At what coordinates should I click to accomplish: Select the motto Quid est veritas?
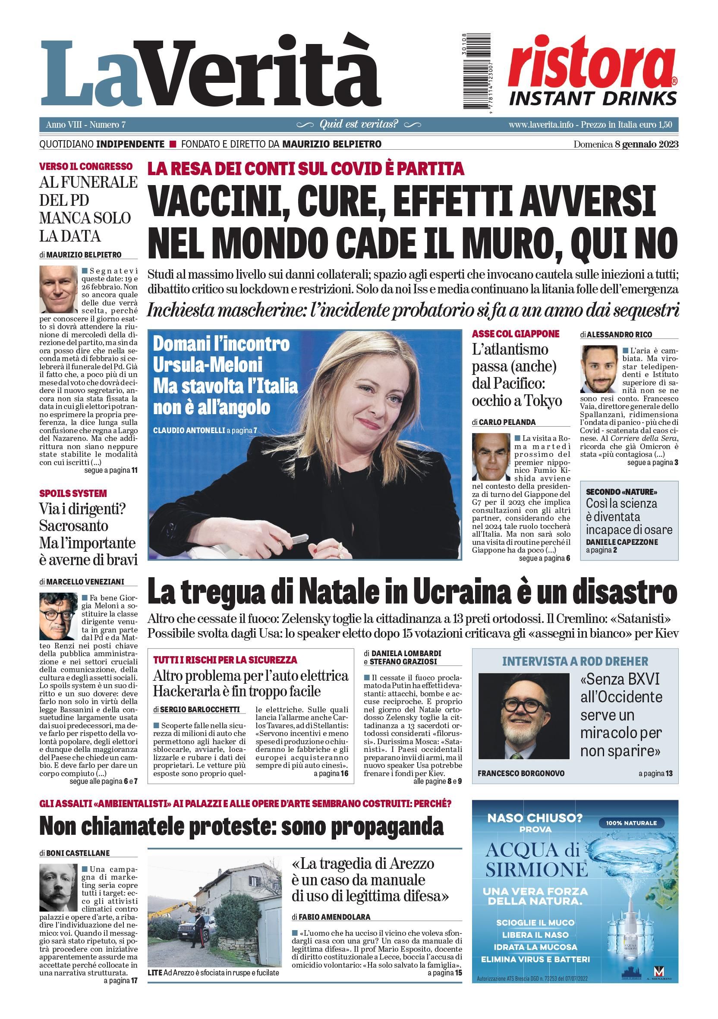[x=359, y=124]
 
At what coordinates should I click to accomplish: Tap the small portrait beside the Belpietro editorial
[x=58, y=289]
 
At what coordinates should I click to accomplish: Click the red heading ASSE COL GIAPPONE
[x=515, y=334]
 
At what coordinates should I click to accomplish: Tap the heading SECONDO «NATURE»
[x=621, y=492]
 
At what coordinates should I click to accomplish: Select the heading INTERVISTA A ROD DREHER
[x=575, y=661]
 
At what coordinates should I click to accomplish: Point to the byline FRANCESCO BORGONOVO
[x=521, y=773]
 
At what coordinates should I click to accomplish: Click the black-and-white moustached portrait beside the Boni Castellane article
[x=58, y=887]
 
